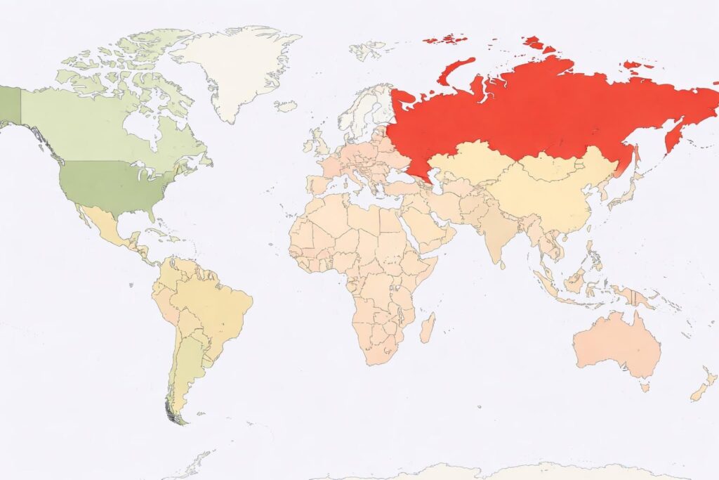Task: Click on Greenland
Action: pyautogui.click(x=235, y=67)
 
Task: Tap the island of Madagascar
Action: pyautogui.click(x=427, y=327)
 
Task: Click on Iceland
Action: pyautogui.click(x=286, y=106)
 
